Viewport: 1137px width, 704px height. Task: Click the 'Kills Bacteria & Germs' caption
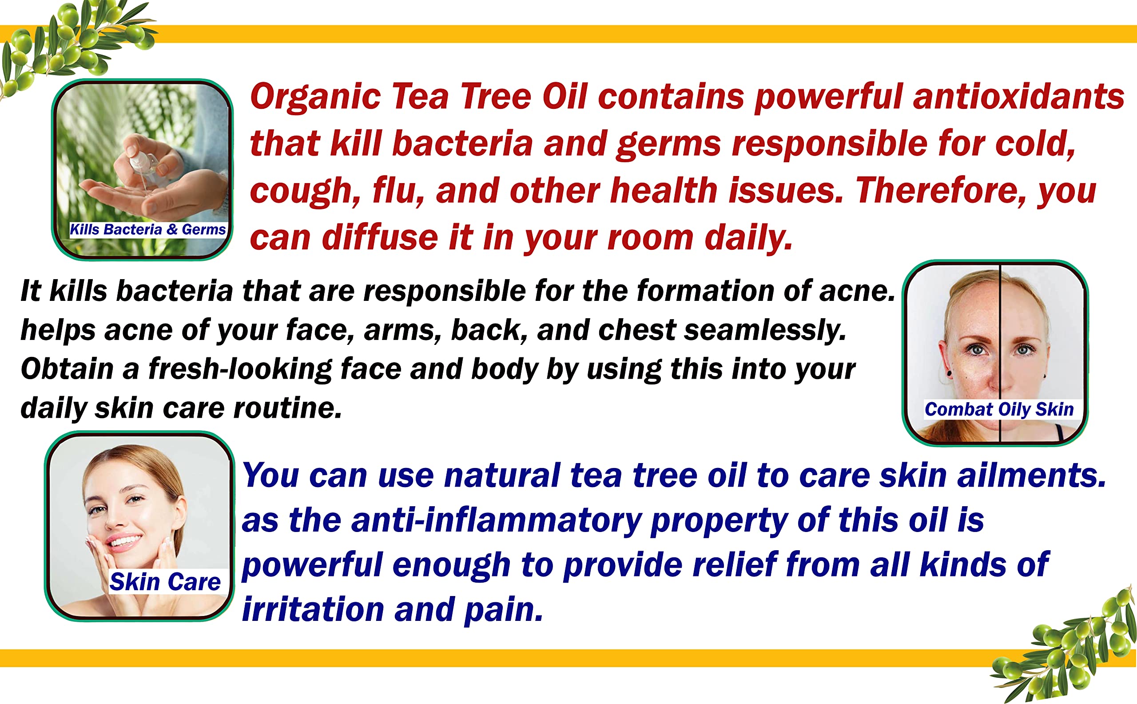tap(147, 229)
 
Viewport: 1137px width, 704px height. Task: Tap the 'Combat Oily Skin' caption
tap(999, 409)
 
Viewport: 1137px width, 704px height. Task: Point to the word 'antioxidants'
tap(1018, 96)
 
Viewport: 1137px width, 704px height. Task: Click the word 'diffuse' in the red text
tap(380, 237)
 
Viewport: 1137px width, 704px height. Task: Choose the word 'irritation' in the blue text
tap(313, 609)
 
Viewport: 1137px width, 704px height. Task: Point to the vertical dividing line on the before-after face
tap(1000, 352)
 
